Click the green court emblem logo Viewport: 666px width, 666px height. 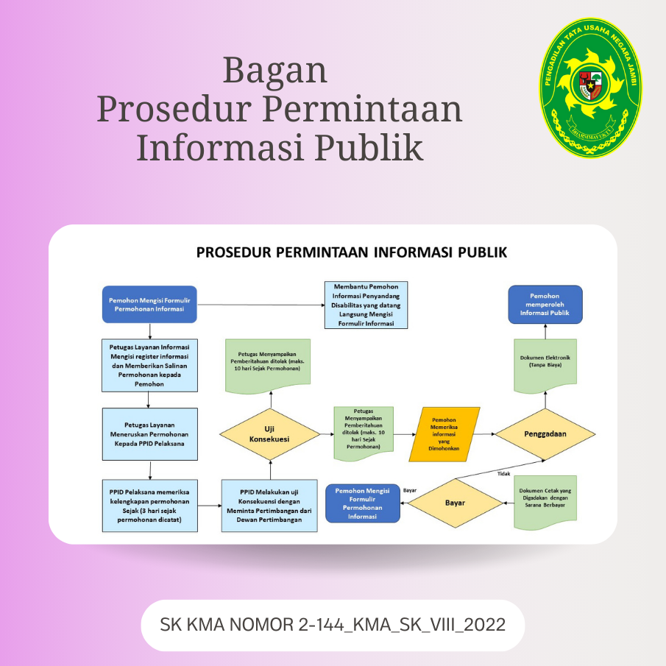(591, 88)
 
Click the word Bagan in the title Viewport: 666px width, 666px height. (275, 71)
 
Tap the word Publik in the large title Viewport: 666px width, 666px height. (369, 147)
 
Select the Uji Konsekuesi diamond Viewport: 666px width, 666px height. (270, 434)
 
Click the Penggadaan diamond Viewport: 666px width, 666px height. (545, 434)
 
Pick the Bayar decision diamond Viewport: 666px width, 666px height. (456, 503)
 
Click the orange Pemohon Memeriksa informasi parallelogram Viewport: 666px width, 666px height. (444, 434)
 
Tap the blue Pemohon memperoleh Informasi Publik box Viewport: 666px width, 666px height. (545, 305)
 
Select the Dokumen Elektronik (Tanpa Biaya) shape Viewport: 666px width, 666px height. (545, 365)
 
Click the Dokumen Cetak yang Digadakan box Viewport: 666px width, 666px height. (545, 502)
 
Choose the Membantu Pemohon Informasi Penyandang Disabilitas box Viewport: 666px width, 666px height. (366, 305)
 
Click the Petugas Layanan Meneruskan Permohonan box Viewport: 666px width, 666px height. (150, 434)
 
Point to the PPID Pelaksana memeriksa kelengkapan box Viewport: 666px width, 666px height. (150, 506)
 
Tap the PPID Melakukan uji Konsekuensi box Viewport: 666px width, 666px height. (269, 506)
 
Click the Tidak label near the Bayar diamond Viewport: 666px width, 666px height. (504, 474)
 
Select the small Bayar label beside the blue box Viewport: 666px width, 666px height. (410, 490)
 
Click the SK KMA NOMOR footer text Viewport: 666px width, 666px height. (333, 625)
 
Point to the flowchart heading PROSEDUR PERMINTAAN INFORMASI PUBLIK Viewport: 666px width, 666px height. (352, 252)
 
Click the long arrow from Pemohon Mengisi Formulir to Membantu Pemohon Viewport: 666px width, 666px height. (261, 305)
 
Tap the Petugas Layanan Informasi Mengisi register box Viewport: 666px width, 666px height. (150, 365)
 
